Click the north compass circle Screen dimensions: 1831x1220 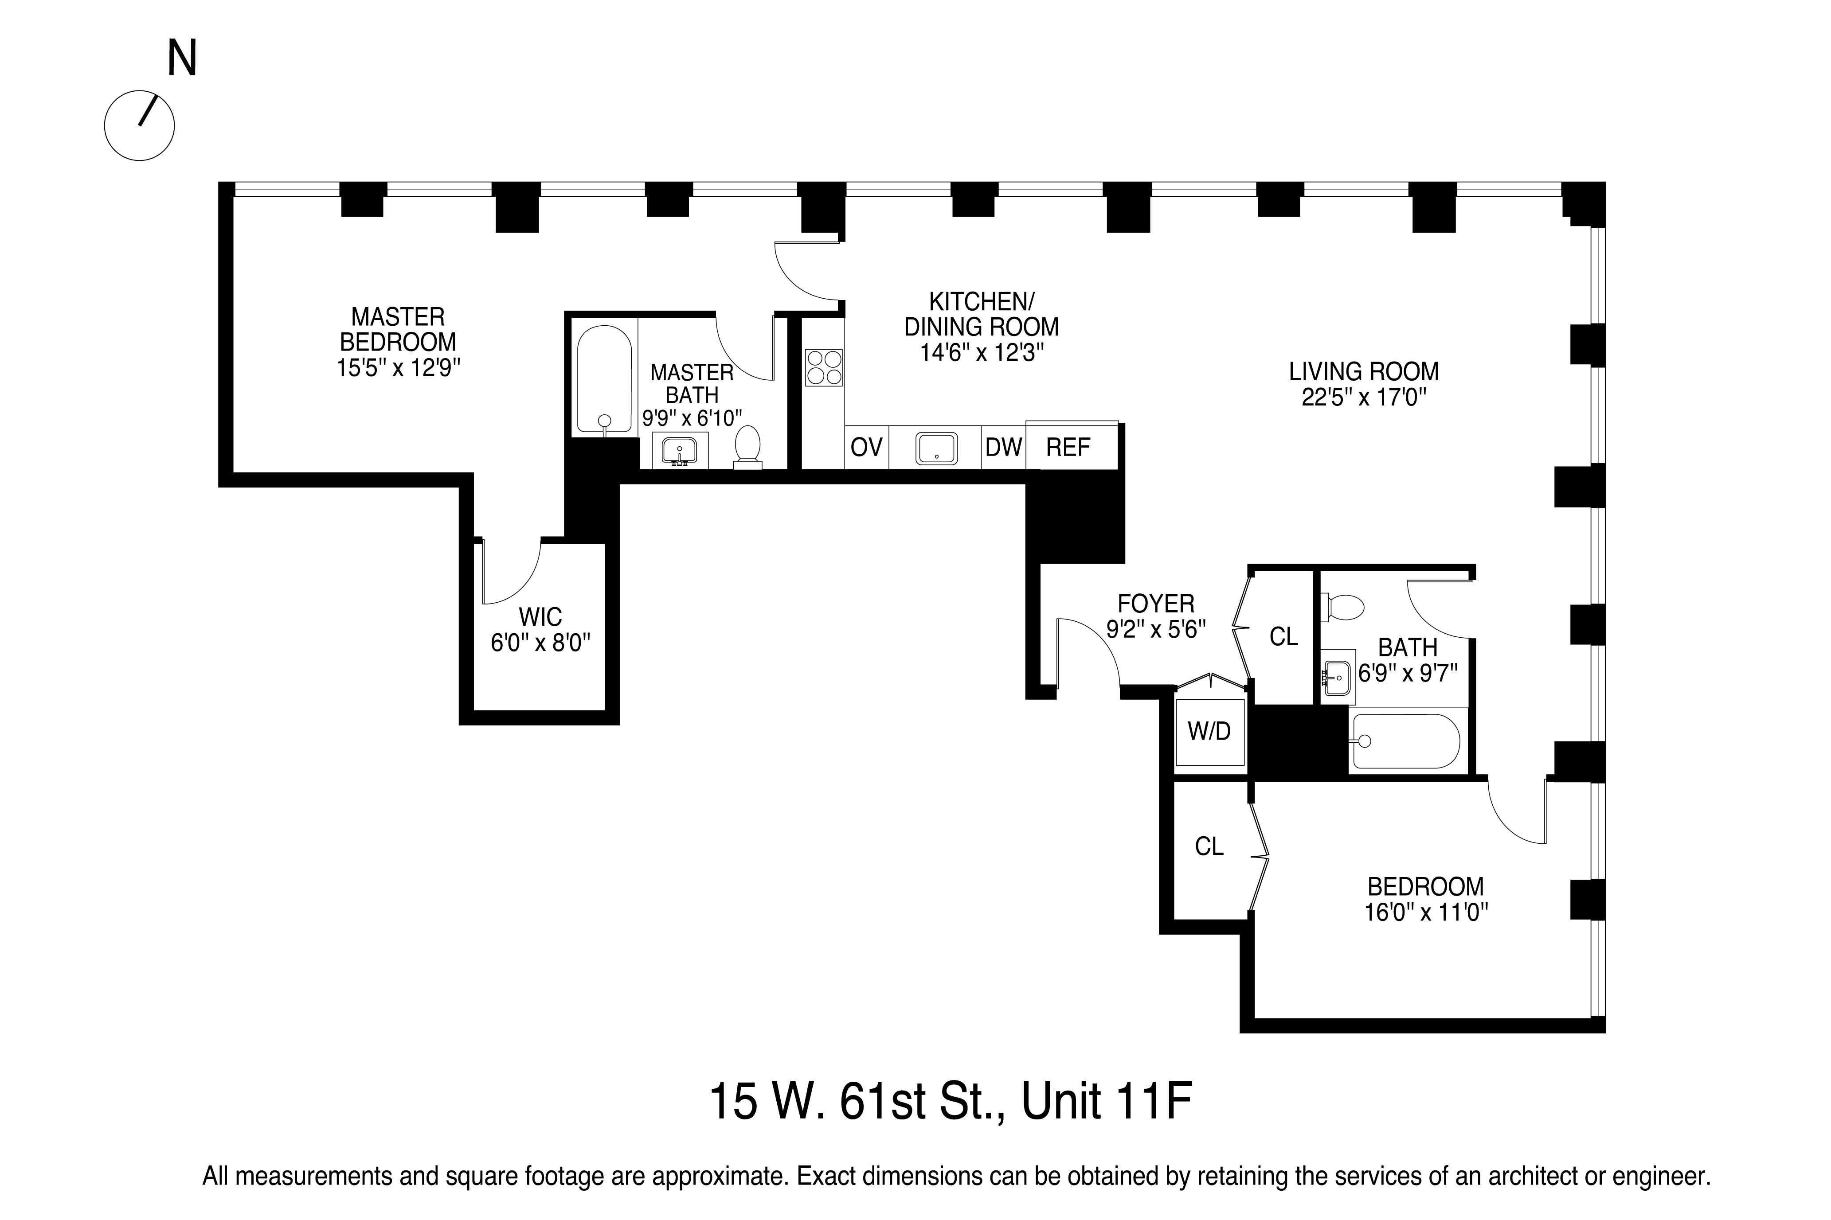(x=139, y=126)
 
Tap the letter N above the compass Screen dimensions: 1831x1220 (x=182, y=59)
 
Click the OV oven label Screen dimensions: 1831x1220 (x=866, y=448)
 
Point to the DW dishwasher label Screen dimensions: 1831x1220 (x=1003, y=448)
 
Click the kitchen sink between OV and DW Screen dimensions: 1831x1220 (x=937, y=448)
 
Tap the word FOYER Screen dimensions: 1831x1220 (x=1155, y=603)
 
